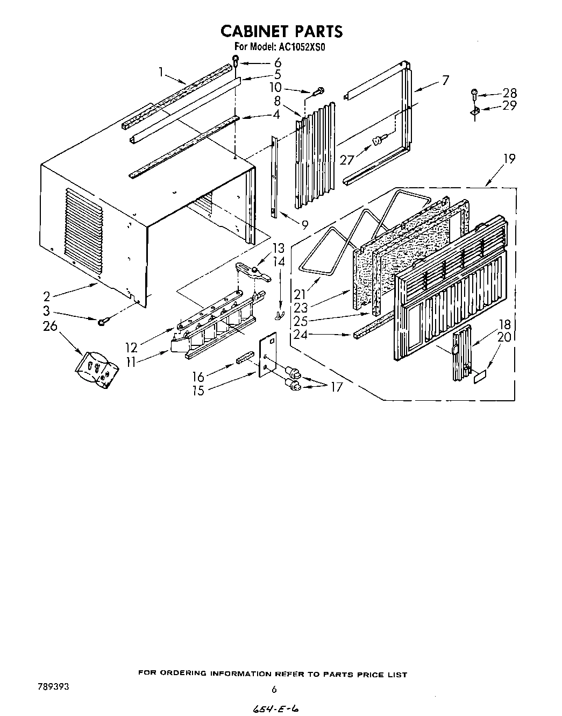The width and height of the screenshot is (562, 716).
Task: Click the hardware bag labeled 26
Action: click(96, 369)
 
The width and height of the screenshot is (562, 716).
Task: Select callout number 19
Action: click(508, 159)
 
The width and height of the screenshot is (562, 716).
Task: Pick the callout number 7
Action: click(445, 81)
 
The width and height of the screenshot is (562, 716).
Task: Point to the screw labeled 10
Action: click(318, 90)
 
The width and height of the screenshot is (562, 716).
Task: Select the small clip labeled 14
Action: click(279, 314)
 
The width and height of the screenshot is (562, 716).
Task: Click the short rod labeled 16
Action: click(245, 358)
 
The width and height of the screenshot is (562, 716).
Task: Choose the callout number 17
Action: click(336, 387)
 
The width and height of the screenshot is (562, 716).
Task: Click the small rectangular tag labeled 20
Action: click(480, 378)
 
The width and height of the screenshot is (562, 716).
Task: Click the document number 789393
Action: click(53, 687)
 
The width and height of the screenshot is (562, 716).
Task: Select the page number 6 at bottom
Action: click(274, 689)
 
